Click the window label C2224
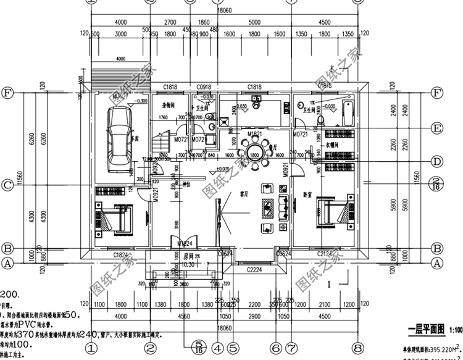(x=254, y=270)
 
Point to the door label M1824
(x=185, y=244)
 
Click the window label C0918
(x=204, y=88)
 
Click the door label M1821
(x=254, y=133)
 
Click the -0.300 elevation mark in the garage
(x=141, y=101)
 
